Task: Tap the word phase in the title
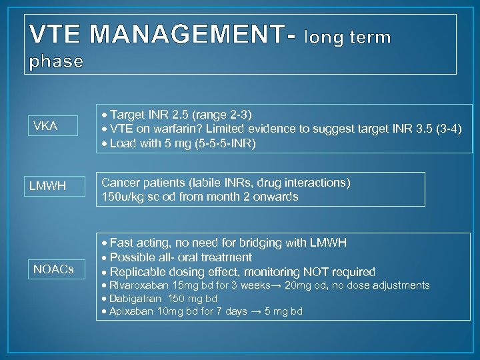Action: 57,62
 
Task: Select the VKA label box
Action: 45,126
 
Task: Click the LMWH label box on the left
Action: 47,186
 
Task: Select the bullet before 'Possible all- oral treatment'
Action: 104,257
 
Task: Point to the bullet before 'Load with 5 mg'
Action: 104,143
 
